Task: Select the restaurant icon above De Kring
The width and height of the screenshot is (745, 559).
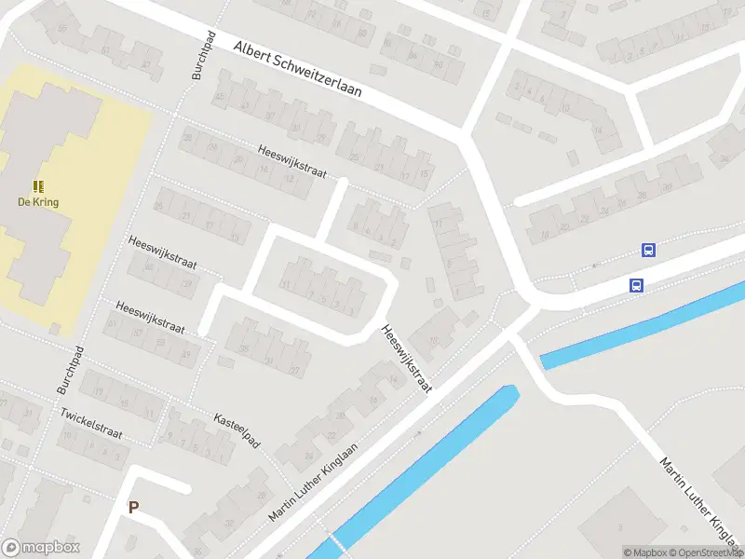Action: pos(39,186)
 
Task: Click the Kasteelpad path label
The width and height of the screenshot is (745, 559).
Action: pos(237,429)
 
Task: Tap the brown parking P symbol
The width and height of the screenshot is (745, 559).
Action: pos(133,508)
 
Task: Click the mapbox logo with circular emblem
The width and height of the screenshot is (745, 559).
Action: pos(40,548)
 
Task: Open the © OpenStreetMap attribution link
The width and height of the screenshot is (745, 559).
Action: pos(705,552)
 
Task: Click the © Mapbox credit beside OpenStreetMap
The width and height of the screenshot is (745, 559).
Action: pos(644,552)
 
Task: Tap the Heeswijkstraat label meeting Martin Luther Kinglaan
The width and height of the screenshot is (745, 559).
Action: pos(407,358)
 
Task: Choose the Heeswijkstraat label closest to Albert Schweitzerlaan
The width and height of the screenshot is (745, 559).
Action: pos(292,164)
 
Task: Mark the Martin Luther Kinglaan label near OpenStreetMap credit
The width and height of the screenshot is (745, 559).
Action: pos(699,499)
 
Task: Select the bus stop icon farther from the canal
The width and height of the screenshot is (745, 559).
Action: pos(648,250)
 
